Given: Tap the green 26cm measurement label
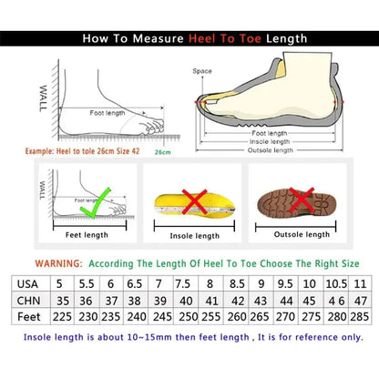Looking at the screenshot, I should pos(163,152).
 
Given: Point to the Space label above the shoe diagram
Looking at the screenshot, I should pos(201,70).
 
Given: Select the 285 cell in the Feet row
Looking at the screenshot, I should pos(361,316).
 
